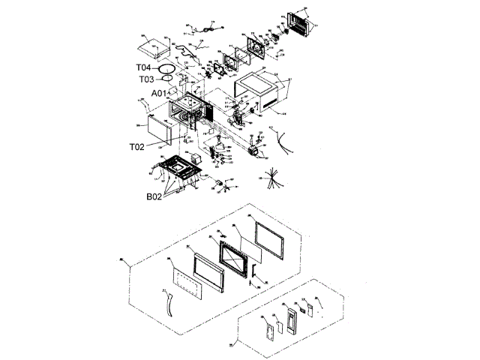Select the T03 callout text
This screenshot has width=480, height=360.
click(146, 79)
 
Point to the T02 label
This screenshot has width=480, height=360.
click(136, 147)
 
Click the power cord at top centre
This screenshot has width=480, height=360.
click(201, 31)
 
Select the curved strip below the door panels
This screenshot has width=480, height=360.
click(166, 304)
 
